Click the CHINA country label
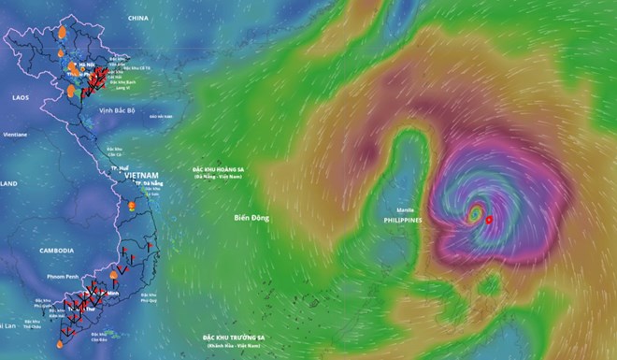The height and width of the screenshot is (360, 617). [x=139, y=18]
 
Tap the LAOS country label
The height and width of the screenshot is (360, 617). [x=21, y=97]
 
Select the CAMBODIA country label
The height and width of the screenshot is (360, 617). [x=56, y=252]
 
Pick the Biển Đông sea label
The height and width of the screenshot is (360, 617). [x=251, y=218]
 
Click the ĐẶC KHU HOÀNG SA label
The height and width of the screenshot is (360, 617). [x=226, y=169]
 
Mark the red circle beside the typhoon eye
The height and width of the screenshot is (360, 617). [x=489, y=221]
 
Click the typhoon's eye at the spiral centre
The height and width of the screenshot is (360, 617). [x=475, y=215]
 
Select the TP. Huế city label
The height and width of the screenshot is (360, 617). [x=119, y=166]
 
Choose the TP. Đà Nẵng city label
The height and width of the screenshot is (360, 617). [x=150, y=184]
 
